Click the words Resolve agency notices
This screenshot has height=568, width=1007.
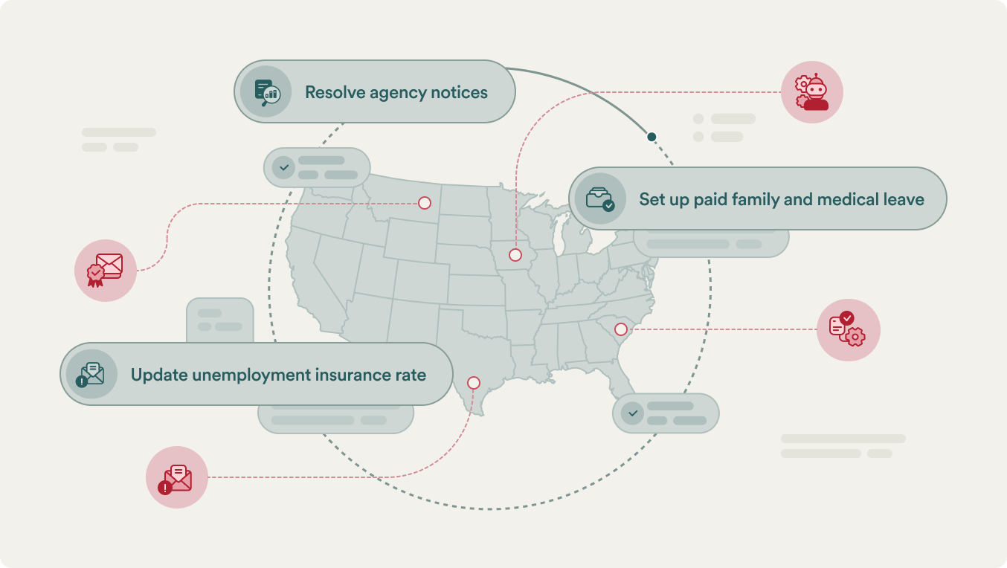click(x=396, y=93)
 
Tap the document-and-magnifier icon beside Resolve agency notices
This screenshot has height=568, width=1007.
click(x=266, y=91)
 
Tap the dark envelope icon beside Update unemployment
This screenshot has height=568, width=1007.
click(x=91, y=374)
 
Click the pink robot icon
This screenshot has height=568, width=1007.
click(x=812, y=92)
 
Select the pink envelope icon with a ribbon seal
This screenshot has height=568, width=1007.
click(x=106, y=271)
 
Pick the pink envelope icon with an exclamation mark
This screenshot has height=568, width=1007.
click(x=177, y=477)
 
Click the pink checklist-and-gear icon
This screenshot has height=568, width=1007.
click(x=848, y=330)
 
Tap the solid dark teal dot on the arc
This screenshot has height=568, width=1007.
click(x=652, y=137)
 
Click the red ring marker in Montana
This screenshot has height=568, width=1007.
click(x=425, y=203)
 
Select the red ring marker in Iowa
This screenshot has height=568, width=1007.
click(x=515, y=255)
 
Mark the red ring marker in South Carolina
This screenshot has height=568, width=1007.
click(x=621, y=329)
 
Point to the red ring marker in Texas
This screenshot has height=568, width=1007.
click(x=474, y=383)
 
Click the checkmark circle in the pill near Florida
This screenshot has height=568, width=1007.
click(x=632, y=413)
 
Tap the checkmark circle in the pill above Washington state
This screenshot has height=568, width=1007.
click(x=283, y=167)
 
